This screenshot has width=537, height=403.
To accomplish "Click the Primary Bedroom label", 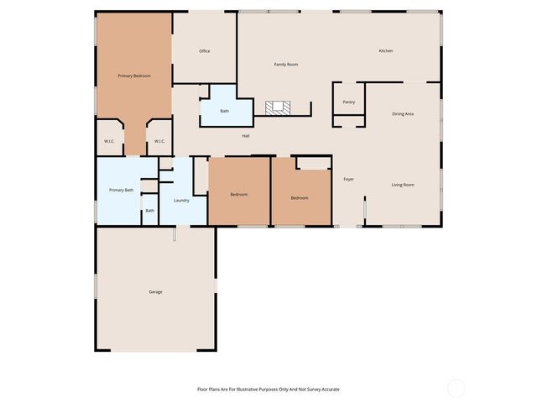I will coord(134,76).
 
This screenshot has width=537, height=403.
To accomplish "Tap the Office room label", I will coord(205,51).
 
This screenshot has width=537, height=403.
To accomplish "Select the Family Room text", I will coord(286,65).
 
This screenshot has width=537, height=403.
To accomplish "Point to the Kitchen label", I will coord(385,51).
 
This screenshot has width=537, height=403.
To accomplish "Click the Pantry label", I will coord(349,102).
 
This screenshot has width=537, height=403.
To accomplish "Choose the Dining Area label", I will coord(403,113).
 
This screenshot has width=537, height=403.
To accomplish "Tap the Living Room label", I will coord(403,185).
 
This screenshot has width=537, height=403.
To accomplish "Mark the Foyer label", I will coord(348,179).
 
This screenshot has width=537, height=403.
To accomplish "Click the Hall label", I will coord(246,136).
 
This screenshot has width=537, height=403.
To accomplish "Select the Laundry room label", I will coord(181,201).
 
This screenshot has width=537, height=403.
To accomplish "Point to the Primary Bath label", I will coord(122,191).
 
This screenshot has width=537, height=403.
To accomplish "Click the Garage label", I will coord(155,292).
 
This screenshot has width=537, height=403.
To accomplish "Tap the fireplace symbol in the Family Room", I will coord(279,107).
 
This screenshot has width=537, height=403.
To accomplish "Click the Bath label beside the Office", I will coord(225,111).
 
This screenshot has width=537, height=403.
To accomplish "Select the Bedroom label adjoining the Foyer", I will coord(300,198).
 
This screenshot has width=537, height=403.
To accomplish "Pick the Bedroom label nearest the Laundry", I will coord(239,195).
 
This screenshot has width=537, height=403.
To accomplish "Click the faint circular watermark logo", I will coord(456,388).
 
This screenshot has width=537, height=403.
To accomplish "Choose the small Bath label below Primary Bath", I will coord(149,211).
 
